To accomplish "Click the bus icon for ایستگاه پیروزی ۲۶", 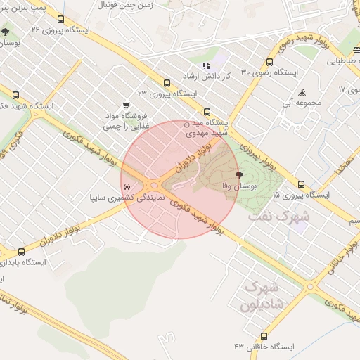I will (x=61, y=20).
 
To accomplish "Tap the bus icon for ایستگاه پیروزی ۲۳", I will (x=167, y=82).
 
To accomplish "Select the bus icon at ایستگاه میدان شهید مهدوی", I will (x=206, y=112).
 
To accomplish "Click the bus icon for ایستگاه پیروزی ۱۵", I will (x=301, y=184).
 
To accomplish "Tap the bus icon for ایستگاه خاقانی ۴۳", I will (x=264, y=336).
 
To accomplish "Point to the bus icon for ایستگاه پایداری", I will (x=22, y=252).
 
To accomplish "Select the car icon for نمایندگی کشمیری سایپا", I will (x=126, y=188).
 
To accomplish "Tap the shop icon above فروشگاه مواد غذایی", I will (x=126, y=105).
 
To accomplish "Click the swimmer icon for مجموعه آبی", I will (x=302, y=92).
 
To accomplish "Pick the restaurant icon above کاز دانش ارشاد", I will (x=206, y=65).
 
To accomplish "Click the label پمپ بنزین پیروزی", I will (x=27, y=5).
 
